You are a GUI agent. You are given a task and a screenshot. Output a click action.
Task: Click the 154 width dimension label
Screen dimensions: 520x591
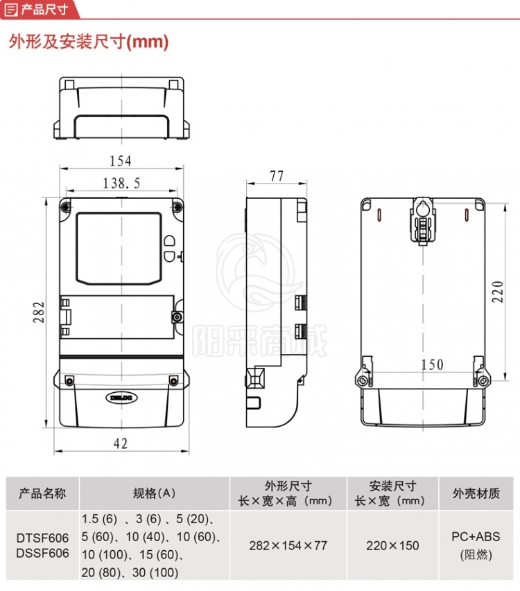(x=120, y=161)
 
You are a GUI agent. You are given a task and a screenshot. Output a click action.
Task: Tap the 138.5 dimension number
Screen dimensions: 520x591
(x=121, y=184)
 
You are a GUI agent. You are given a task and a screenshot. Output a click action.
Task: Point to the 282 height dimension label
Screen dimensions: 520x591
(x=38, y=312)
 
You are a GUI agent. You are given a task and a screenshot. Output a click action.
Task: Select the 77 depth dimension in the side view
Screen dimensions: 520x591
(x=277, y=176)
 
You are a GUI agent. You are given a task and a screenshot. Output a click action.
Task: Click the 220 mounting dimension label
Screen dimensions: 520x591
(x=498, y=292)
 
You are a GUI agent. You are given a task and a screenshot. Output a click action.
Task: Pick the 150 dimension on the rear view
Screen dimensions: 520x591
(x=432, y=364)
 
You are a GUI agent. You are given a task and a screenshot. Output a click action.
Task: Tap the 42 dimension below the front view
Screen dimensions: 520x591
(x=121, y=443)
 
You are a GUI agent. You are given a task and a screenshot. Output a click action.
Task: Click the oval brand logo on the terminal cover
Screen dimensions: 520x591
(x=121, y=398)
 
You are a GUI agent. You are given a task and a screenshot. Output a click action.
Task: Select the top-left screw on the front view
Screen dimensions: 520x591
(x=66, y=207)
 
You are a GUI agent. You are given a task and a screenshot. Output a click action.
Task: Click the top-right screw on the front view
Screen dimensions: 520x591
(x=177, y=206)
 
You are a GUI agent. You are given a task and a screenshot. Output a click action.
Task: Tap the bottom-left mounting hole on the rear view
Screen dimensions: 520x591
(x=363, y=380)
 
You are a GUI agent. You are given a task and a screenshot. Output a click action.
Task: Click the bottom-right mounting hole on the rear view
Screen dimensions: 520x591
(x=483, y=380)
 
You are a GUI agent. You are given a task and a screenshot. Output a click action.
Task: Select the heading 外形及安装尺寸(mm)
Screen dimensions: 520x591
(x=89, y=42)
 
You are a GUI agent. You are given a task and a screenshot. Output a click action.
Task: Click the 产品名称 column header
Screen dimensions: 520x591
(x=42, y=493)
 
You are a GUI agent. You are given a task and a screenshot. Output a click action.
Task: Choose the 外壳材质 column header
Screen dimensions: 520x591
(x=476, y=493)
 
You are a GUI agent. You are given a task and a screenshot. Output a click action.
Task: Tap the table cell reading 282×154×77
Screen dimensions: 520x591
(x=288, y=545)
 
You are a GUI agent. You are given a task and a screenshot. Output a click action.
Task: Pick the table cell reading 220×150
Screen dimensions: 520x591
(x=392, y=545)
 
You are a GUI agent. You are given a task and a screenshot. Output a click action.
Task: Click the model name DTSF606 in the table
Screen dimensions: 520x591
(x=42, y=538)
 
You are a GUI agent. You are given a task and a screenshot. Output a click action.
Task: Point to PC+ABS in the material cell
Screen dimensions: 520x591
(x=476, y=536)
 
